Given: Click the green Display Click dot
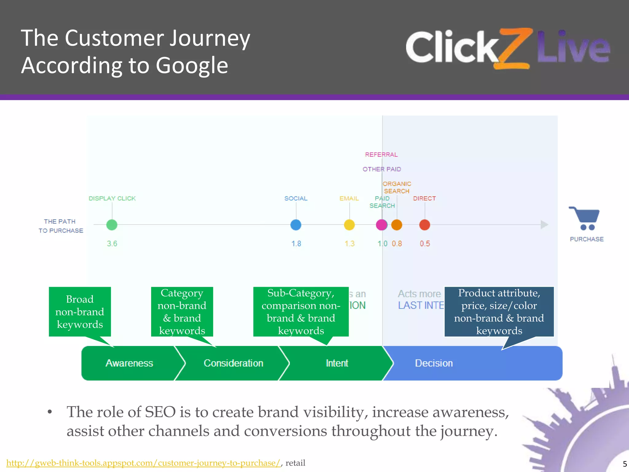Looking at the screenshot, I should point(112,225).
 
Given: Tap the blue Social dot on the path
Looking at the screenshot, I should point(296,225).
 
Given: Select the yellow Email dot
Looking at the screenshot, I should point(349,225).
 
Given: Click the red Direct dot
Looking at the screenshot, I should point(425,225).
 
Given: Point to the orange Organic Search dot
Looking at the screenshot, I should point(397,225).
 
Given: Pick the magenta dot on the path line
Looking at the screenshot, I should point(381,225).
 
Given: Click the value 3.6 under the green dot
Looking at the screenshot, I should point(112,244).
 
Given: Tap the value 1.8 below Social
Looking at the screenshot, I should point(296,244).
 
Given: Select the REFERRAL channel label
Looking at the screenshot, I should point(381,155).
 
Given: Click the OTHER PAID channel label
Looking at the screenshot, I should point(382,169).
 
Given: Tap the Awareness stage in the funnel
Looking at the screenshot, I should point(129,363).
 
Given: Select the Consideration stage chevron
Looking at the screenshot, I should point(233,363).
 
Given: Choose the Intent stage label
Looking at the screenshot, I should point(337,363).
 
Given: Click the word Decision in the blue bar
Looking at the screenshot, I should point(434,363).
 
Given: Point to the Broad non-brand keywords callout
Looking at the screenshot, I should point(80,312).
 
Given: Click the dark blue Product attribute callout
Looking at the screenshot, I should point(499,312).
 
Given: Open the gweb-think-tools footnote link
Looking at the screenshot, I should point(143,463).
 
